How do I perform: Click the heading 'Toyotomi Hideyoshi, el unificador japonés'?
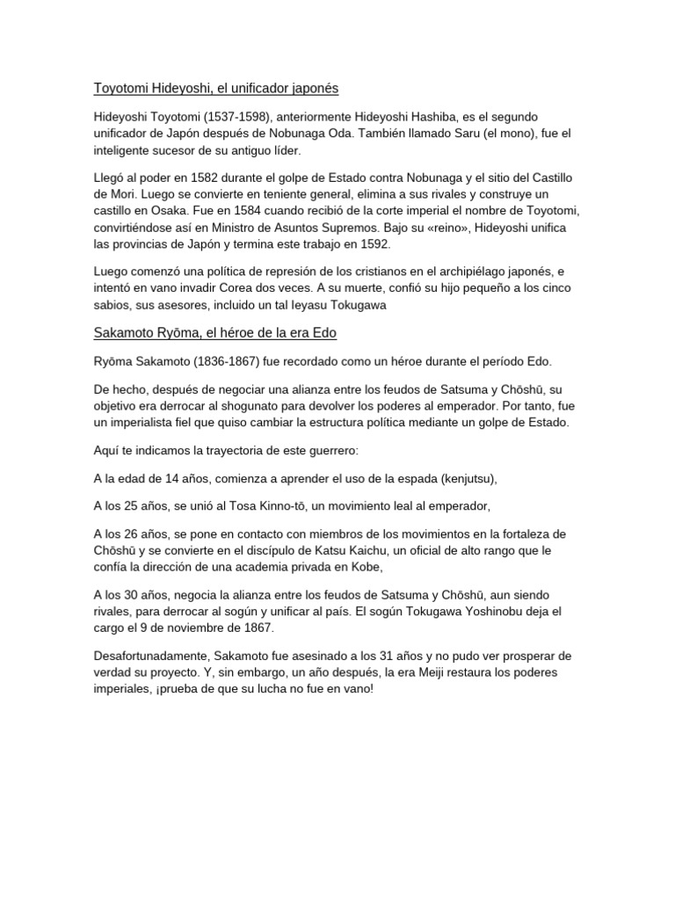(x=216, y=89)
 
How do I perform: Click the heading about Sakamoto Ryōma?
(x=215, y=333)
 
